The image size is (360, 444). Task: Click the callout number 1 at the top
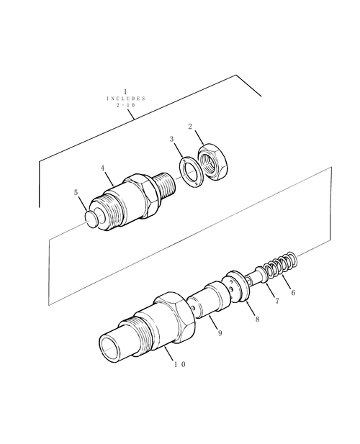[125, 91]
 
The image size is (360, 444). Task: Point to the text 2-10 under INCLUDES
[125, 106]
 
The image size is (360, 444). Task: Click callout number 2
[189, 127]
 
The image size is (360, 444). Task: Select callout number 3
[171, 139]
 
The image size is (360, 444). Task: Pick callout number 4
[104, 168]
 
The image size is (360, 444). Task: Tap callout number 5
[76, 193]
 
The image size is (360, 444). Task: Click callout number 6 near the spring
[292, 292]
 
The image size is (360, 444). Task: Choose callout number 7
[276, 301]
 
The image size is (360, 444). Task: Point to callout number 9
[220, 332]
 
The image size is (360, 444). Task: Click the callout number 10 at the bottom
[180, 364]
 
